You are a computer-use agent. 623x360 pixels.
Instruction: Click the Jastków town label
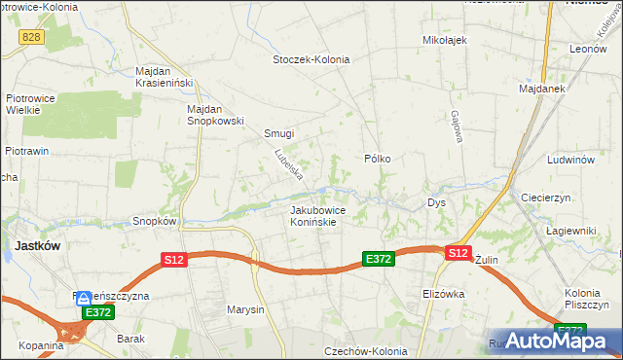point(37,246)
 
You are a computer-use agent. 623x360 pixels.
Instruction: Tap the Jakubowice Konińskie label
point(313,215)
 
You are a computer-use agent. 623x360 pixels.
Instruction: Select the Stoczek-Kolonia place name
point(311,59)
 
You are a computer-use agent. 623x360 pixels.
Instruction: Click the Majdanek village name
point(543,90)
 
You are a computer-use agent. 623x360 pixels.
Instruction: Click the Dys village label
point(436,202)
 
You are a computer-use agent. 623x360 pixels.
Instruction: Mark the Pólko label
point(377,158)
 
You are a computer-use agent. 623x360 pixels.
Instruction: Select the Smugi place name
point(279,134)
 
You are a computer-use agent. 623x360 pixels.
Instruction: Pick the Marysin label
point(245,310)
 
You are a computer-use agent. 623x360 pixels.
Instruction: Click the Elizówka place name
point(444,293)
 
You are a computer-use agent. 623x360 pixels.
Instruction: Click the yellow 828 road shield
point(30,36)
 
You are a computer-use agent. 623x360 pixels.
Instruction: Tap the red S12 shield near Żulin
point(458,252)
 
